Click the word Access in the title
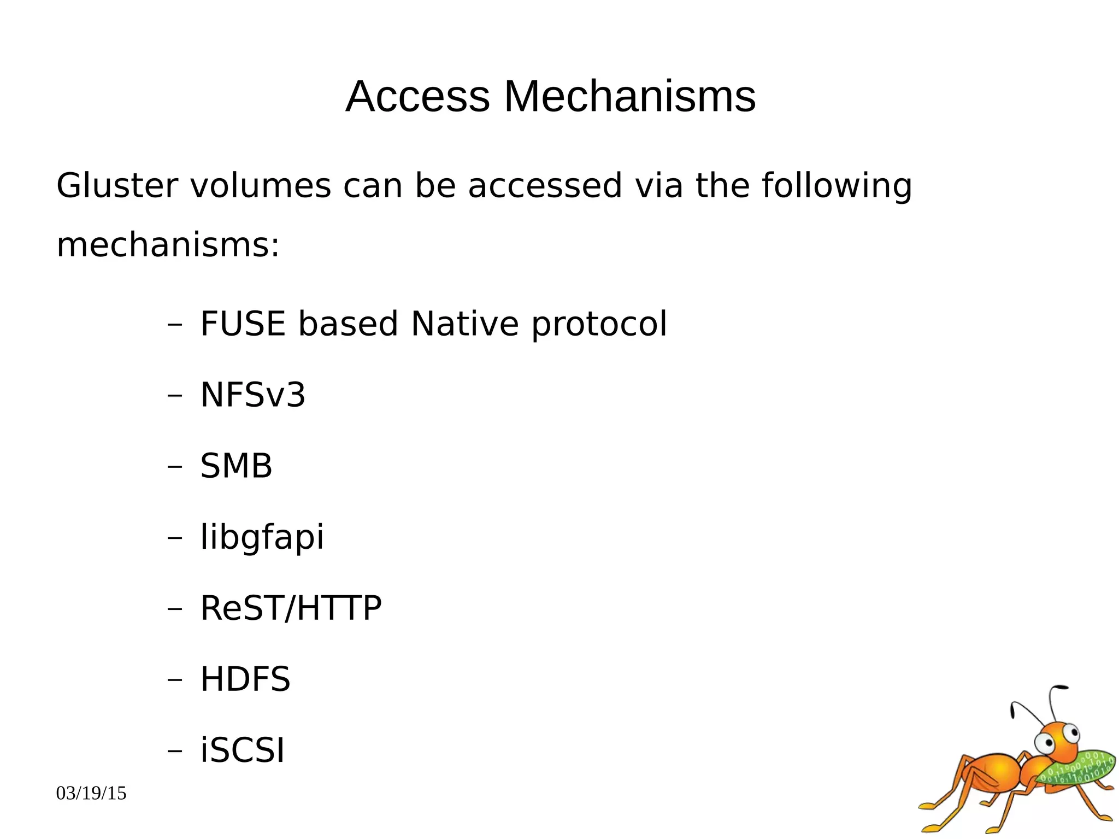pyautogui.click(x=417, y=97)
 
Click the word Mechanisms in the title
pyautogui.click(x=629, y=97)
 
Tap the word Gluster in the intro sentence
pyautogui.click(x=117, y=185)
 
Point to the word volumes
pyautogui.click(x=261, y=185)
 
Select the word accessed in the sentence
pyautogui.click(x=545, y=185)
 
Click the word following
pyautogui.click(x=837, y=186)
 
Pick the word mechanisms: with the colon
pyautogui.click(x=168, y=245)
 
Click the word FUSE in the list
pyautogui.click(x=243, y=324)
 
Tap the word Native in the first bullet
pyautogui.click(x=464, y=324)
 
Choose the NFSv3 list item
pyautogui.click(x=252, y=395)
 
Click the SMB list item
pyautogui.click(x=236, y=466)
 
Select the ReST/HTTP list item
pyautogui.click(x=291, y=608)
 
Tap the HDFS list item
pyautogui.click(x=245, y=679)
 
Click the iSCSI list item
pyautogui.click(x=243, y=750)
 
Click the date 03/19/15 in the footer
pyautogui.click(x=91, y=793)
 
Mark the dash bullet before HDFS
pyautogui.click(x=174, y=679)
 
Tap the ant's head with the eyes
pyautogui.click(x=1058, y=741)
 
